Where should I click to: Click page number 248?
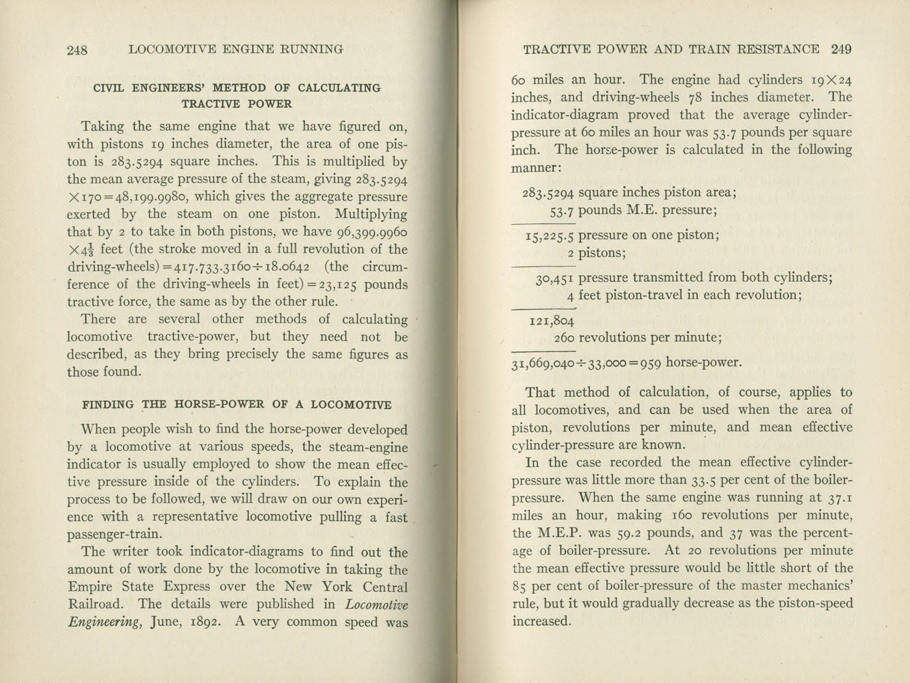(x=77, y=50)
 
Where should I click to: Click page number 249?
(x=841, y=49)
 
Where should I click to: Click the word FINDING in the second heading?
(x=108, y=405)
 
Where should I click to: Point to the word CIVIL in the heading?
(x=107, y=88)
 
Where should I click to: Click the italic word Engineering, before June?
(x=104, y=622)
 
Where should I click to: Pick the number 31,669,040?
(x=543, y=364)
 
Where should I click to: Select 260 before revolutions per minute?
(x=564, y=338)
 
